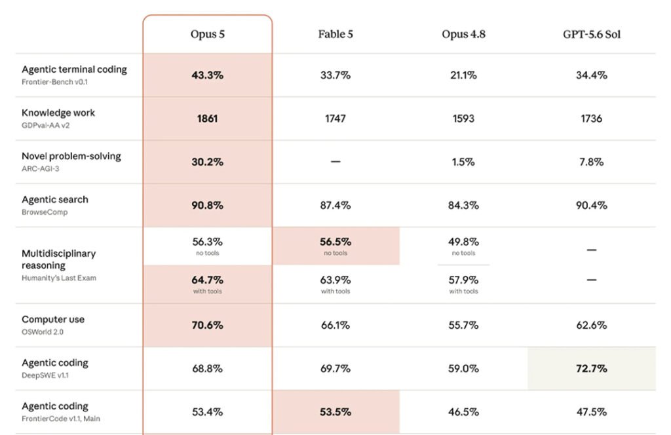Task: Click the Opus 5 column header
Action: click(208, 34)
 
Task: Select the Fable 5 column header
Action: click(335, 34)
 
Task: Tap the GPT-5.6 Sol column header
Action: click(592, 34)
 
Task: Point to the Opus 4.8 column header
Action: click(463, 34)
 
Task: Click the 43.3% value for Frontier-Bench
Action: click(208, 75)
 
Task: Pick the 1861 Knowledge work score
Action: click(208, 119)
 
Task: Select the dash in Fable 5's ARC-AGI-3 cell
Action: click(335, 162)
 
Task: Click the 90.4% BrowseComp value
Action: click(592, 205)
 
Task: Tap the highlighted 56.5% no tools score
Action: click(335, 242)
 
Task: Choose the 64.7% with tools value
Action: click(208, 280)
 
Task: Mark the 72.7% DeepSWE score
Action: click(592, 369)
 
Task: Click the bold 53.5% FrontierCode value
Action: click(335, 412)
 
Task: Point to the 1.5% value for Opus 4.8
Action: click(463, 162)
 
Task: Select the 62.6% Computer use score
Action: click(592, 326)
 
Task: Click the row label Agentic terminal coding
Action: click(75, 69)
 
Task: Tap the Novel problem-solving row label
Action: click(71, 156)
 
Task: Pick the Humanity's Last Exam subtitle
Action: click(59, 278)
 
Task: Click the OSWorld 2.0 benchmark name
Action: click(43, 332)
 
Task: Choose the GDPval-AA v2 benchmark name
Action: click(45, 125)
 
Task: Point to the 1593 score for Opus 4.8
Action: click(463, 119)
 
